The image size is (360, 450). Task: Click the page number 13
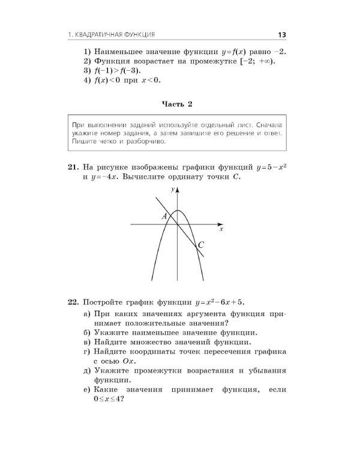coord(281,35)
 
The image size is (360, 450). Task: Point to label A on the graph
coord(163,216)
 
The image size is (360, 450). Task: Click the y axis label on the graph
coord(172,189)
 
